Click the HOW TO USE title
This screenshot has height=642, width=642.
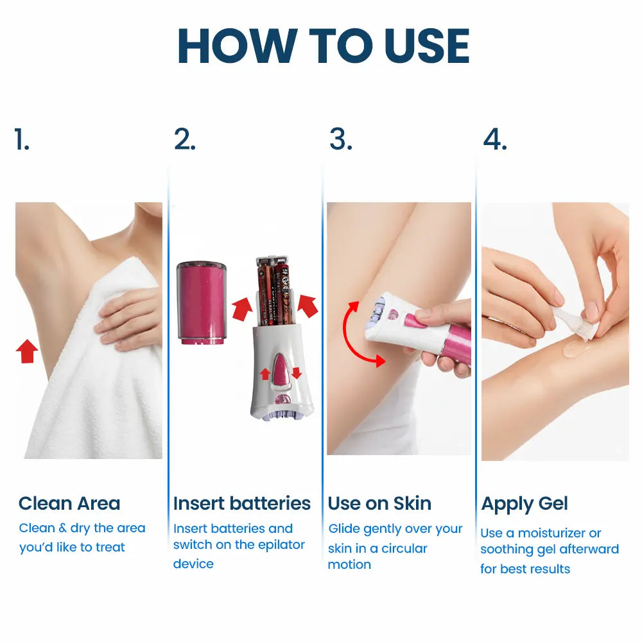click(x=324, y=46)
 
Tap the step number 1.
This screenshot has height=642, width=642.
click(x=22, y=139)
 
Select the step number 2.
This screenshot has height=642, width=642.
click(x=185, y=139)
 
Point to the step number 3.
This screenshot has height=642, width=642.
click(x=341, y=139)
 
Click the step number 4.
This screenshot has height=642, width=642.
click(x=495, y=139)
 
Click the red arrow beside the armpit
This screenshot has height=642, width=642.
click(x=27, y=351)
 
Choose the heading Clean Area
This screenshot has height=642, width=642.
click(x=69, y=503)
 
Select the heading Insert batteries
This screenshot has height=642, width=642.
click(x=242, y=503)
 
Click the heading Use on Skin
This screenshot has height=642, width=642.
click(x=379, y=503)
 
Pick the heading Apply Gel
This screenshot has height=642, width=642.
click(x=525, y=504)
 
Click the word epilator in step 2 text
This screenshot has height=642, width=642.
click(x=282, y=545)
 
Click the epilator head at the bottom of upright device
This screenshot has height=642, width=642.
click(x=282, y=415)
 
